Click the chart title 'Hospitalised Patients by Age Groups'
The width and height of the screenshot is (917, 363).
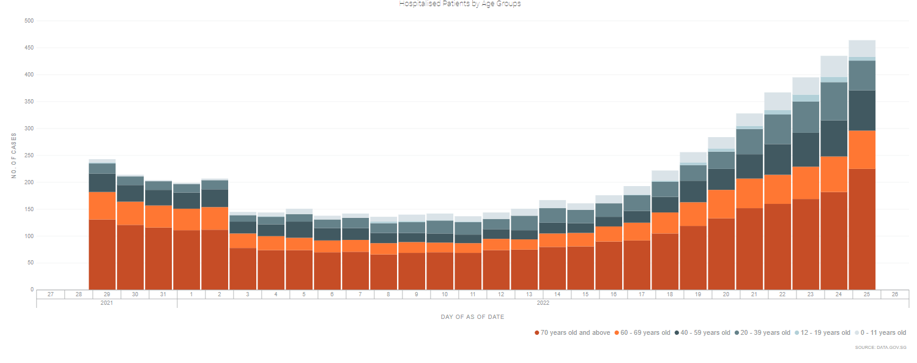tap(459, 4)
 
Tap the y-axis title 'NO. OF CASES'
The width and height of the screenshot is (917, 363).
tap(14, 155)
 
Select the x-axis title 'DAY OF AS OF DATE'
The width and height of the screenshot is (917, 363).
tap(472, 317)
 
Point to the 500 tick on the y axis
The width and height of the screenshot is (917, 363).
tap(29, 21)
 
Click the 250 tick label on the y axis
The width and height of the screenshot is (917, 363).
tap(29, 155)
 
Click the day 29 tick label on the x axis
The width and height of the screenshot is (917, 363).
tap(106, 294)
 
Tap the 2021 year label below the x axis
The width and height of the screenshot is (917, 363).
tap(106, 302)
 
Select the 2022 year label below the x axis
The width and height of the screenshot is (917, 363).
tap(543, 302)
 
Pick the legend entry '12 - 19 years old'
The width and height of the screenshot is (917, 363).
tap(825, 333)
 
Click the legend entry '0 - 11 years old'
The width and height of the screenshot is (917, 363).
tap(883, 333)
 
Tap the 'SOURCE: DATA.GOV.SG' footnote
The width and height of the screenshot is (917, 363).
tap(880, 348)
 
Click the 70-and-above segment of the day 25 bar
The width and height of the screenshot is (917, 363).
tap(861, 230)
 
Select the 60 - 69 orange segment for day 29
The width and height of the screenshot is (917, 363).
tap(102, 206)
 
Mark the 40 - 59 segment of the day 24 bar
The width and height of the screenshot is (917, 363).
tap(833, 138)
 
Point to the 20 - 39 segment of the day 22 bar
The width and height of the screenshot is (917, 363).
tap(777, 129)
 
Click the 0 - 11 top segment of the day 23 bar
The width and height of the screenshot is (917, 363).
tap(805, 86)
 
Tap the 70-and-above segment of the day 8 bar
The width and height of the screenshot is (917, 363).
tap(383, 272)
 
